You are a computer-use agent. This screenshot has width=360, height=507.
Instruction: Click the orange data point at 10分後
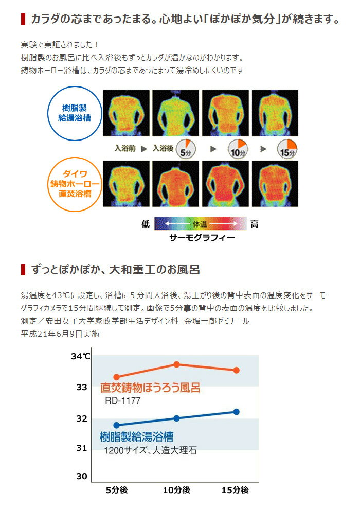(176, 364)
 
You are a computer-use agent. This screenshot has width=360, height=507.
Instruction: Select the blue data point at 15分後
(236, 411)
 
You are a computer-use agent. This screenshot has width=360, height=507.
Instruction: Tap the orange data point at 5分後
(116, 377)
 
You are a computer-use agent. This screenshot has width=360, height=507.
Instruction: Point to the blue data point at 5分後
(116, 425)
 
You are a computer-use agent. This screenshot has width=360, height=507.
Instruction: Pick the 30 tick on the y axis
(82, 476)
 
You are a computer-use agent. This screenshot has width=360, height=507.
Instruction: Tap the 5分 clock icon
(186, 149)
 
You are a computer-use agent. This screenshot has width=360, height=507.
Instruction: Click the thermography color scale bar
(201, 223)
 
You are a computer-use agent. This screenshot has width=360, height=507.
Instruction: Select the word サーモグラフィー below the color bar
(202, 238)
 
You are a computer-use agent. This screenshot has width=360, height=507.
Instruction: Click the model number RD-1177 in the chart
(122, 400)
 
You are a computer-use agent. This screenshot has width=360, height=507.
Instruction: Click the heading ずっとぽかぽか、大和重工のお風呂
(115, 269)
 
